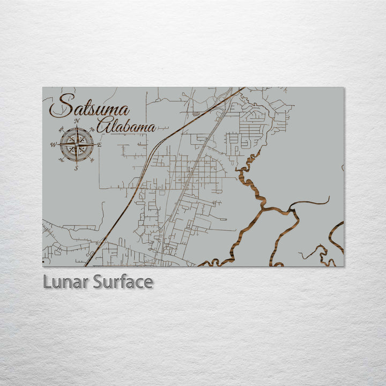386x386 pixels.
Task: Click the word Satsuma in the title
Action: (89, 107)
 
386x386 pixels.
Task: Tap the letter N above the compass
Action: (77, 121)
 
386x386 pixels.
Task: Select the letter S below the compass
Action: (76, 168)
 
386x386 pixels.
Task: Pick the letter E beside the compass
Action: (99, 145)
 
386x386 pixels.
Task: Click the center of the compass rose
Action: (77, 145)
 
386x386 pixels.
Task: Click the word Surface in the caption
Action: (123, 282)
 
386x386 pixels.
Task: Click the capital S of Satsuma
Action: (61, 106)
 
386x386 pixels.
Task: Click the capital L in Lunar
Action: (47, 282)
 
